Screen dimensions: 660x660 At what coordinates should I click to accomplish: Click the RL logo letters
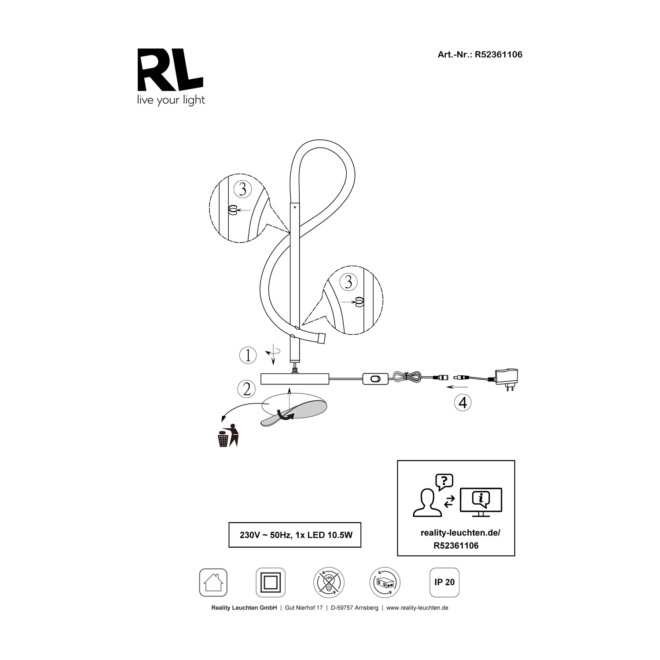click(171, 69)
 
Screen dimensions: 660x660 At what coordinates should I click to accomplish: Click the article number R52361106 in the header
click(499, 55)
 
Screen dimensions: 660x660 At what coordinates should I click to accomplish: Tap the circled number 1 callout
click(248, 355)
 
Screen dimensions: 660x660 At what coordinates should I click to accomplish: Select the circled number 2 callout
click(246, 389)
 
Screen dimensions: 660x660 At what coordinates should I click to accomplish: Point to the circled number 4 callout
click(463, 403)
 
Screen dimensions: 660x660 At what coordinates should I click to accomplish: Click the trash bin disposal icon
click(228, 436)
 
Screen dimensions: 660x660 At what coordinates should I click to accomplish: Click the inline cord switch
click(375, 378)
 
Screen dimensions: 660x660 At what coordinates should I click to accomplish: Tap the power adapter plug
click(506, 378)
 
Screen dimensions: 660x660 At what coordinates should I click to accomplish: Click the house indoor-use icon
click(213, 583)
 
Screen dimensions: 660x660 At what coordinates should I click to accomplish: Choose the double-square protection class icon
click(271, 583)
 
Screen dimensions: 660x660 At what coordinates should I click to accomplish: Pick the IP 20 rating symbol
click(444, 582)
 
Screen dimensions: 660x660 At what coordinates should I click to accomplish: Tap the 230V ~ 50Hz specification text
click(295, 535)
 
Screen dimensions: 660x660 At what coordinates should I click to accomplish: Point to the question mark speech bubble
click(444, 482)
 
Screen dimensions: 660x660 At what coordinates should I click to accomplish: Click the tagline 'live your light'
click(171, 100)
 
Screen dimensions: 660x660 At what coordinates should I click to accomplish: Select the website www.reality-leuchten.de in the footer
click(418, 608)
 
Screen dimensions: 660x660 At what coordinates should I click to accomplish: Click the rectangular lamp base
click(295, 379)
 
